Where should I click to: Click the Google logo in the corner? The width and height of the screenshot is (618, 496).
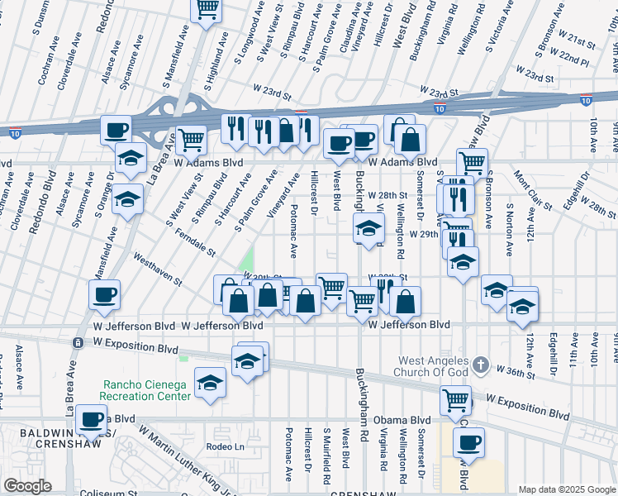(x=27, y=486)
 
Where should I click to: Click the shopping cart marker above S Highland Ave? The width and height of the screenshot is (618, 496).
(x=207, y=9)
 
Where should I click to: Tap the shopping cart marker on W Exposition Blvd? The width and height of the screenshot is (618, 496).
(x=456, y=401)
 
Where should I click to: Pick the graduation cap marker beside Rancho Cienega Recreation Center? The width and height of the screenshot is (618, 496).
(x=211, y=383)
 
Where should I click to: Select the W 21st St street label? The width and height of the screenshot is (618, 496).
(x=576, y=41)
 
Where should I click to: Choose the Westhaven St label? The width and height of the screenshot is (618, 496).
(x=157, y=269)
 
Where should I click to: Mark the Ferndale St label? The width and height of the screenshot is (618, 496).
(x=195, y=242)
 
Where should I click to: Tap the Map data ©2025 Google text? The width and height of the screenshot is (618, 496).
(x=567, y=489)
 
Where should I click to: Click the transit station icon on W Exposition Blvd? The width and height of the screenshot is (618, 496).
(x=78, y=342)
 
